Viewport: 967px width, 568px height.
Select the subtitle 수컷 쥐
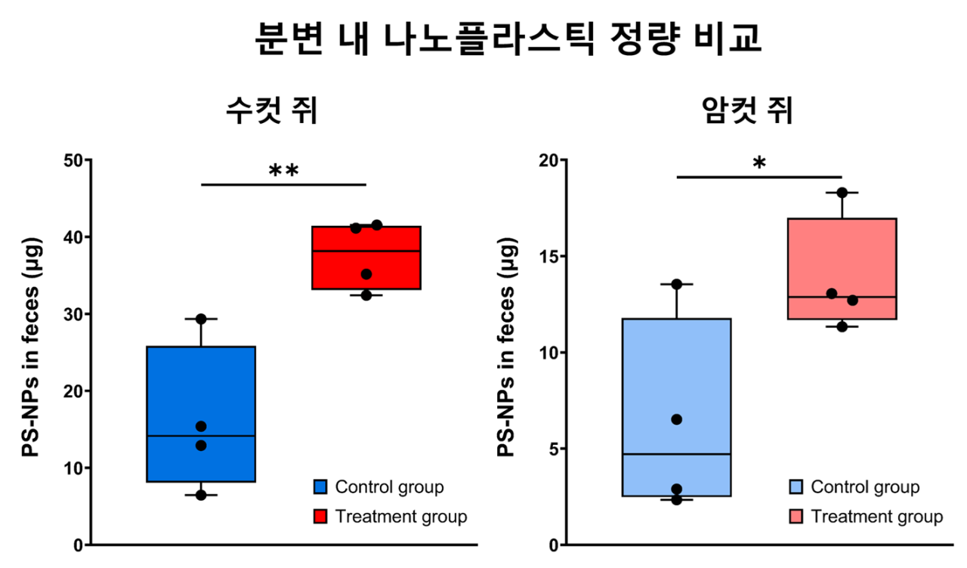[272, 111]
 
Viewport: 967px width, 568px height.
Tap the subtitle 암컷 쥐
[747, 111]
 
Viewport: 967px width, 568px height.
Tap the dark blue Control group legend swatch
[320, 487]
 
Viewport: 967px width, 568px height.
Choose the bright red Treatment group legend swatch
[320, 517]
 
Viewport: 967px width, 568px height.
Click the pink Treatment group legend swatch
[796, 517]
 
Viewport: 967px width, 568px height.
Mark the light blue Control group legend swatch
[796, 487]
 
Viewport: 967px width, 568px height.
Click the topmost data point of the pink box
[842, 193]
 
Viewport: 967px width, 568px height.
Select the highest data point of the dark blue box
[201, 319]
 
